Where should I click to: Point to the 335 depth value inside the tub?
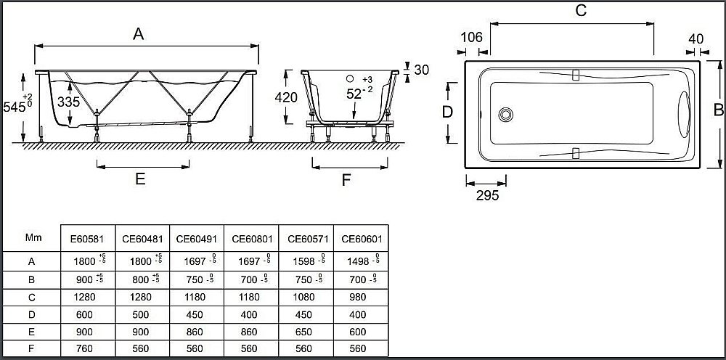pyautogui.click(x=68, y=102)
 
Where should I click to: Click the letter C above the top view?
pyautogui.click(x=580, y=11)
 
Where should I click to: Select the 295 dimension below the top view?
pyautogui.click(x=486, y=195)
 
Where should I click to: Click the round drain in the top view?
pyautogui.click(x=506, y=114)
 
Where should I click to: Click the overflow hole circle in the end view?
pyautogui.click(x=349, y=79)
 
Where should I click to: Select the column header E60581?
pyautogui.click(x=86, y=237)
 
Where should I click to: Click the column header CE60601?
pyautogui.click(x=362, y=237)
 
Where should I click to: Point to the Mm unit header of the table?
pyautogui.click(x=33, y=237)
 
